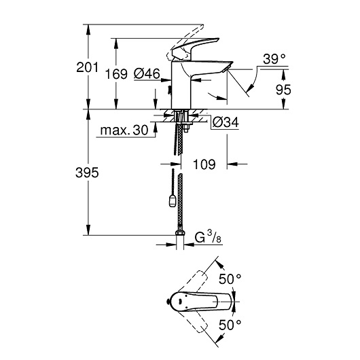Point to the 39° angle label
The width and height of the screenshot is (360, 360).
(x=274, y=59)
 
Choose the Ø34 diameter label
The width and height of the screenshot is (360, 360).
(x=225, y=122)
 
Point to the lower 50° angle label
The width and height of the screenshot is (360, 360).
(x=230, y=326)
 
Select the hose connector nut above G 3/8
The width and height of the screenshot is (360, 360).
(x=180, y=236)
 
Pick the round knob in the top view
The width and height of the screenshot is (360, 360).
(x=168, y=302)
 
